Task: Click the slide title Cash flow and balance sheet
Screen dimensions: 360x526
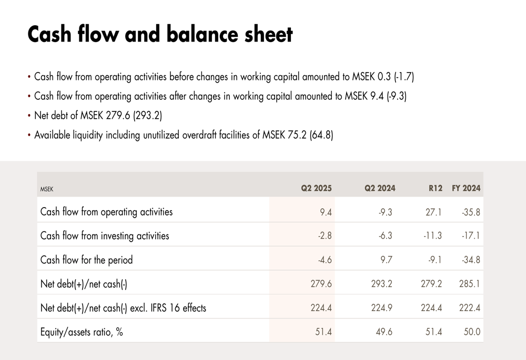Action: click(x=160, y=34)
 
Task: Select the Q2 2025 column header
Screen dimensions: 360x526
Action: click(x=316, y=188)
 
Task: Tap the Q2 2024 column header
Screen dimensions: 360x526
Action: click(x=380, y=188)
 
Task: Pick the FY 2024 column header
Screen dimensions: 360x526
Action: click(x=466, y=188)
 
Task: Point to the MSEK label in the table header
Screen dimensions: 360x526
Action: click(x=47, y=188)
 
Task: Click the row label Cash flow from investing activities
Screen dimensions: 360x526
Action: click(x=105, y=235)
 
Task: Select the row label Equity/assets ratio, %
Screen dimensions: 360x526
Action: click(x=82, y=332)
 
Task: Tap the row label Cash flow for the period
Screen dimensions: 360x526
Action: click(x=86, y=260)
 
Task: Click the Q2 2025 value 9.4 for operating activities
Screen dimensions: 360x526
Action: click(x=326, y=212)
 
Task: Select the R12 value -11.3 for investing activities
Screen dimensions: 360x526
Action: click(x=432, y=235)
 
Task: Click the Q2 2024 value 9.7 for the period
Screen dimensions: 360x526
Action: click(x=386, y=260)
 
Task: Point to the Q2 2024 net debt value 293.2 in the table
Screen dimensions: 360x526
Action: click(x=382, y=284)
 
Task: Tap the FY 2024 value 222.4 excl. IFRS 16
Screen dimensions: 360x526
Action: click(x=469, y=308)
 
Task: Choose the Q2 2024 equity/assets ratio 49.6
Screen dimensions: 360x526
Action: click(x=384, y=332)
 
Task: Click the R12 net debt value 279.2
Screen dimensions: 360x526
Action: click(x=431, y=284)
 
